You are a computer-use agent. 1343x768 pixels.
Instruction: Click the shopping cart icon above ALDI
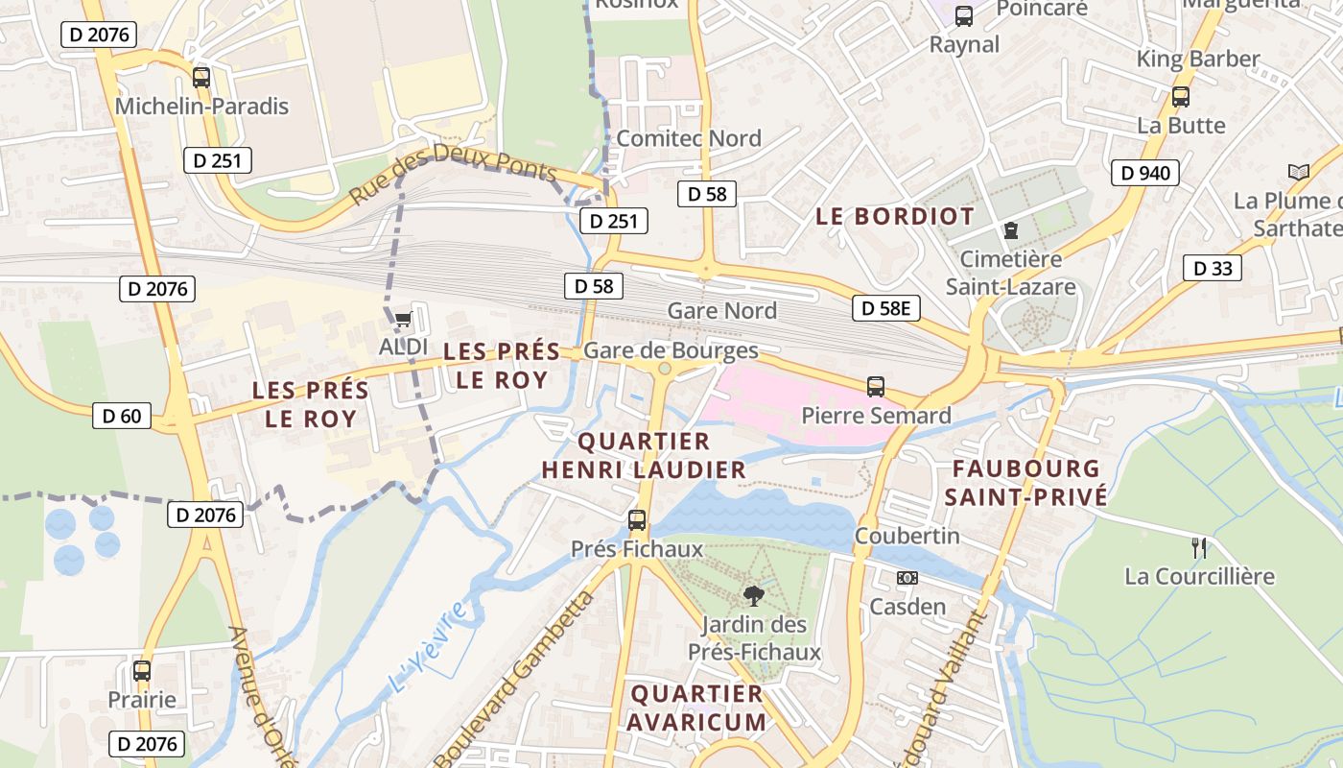click(x=403, y=320)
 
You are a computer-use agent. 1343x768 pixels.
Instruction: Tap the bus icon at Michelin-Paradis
click(x=200, y=78)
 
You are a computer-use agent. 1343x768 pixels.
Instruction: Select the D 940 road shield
click(x=1144, y=173)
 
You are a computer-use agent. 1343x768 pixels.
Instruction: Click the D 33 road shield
click(x=1213, y=268)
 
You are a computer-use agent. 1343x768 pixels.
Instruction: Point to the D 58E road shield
click(x=885, y=308)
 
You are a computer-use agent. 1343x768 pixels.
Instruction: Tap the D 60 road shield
click(x=122, y=416)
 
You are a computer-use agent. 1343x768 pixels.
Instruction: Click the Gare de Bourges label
click(x=671, y=350)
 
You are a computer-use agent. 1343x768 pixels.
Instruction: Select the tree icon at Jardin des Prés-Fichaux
click(x=753, y=596)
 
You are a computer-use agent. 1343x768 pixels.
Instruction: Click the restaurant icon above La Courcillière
click(x=1198, y=548)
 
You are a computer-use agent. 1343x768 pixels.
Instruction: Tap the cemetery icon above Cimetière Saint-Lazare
click(x=1010, y=230)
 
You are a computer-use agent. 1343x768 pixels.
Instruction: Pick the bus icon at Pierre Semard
click(x=875, y=387)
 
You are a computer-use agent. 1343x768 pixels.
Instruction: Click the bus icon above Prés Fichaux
click(x=636, y=520)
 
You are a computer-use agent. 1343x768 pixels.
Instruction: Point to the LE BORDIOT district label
click(x=894, y=216)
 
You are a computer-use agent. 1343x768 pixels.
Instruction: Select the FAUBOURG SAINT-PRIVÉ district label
click(x=1025, y=482)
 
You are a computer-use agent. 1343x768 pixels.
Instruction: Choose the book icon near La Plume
click(x=1298, y=172)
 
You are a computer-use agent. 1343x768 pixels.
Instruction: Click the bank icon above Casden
click(x=907, y=578)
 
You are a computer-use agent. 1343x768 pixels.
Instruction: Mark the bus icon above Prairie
click(x=142, y=671)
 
